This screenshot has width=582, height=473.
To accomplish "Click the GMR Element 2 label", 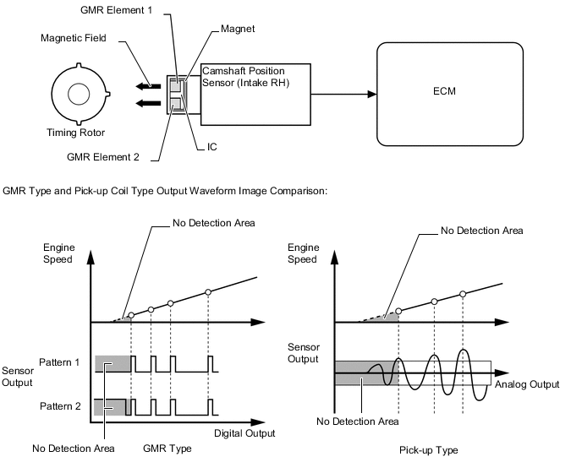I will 105,155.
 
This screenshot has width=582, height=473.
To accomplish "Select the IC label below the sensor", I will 211,147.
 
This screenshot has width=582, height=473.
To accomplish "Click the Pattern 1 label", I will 60,362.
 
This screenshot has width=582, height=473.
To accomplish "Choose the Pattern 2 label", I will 60,406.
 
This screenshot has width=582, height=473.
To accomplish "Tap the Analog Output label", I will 526,383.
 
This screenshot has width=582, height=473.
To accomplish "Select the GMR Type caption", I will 168,449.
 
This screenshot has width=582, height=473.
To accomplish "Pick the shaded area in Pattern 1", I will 113,363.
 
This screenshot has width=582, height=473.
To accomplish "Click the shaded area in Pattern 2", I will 110,406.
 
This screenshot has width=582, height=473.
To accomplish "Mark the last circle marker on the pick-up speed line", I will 463,294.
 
